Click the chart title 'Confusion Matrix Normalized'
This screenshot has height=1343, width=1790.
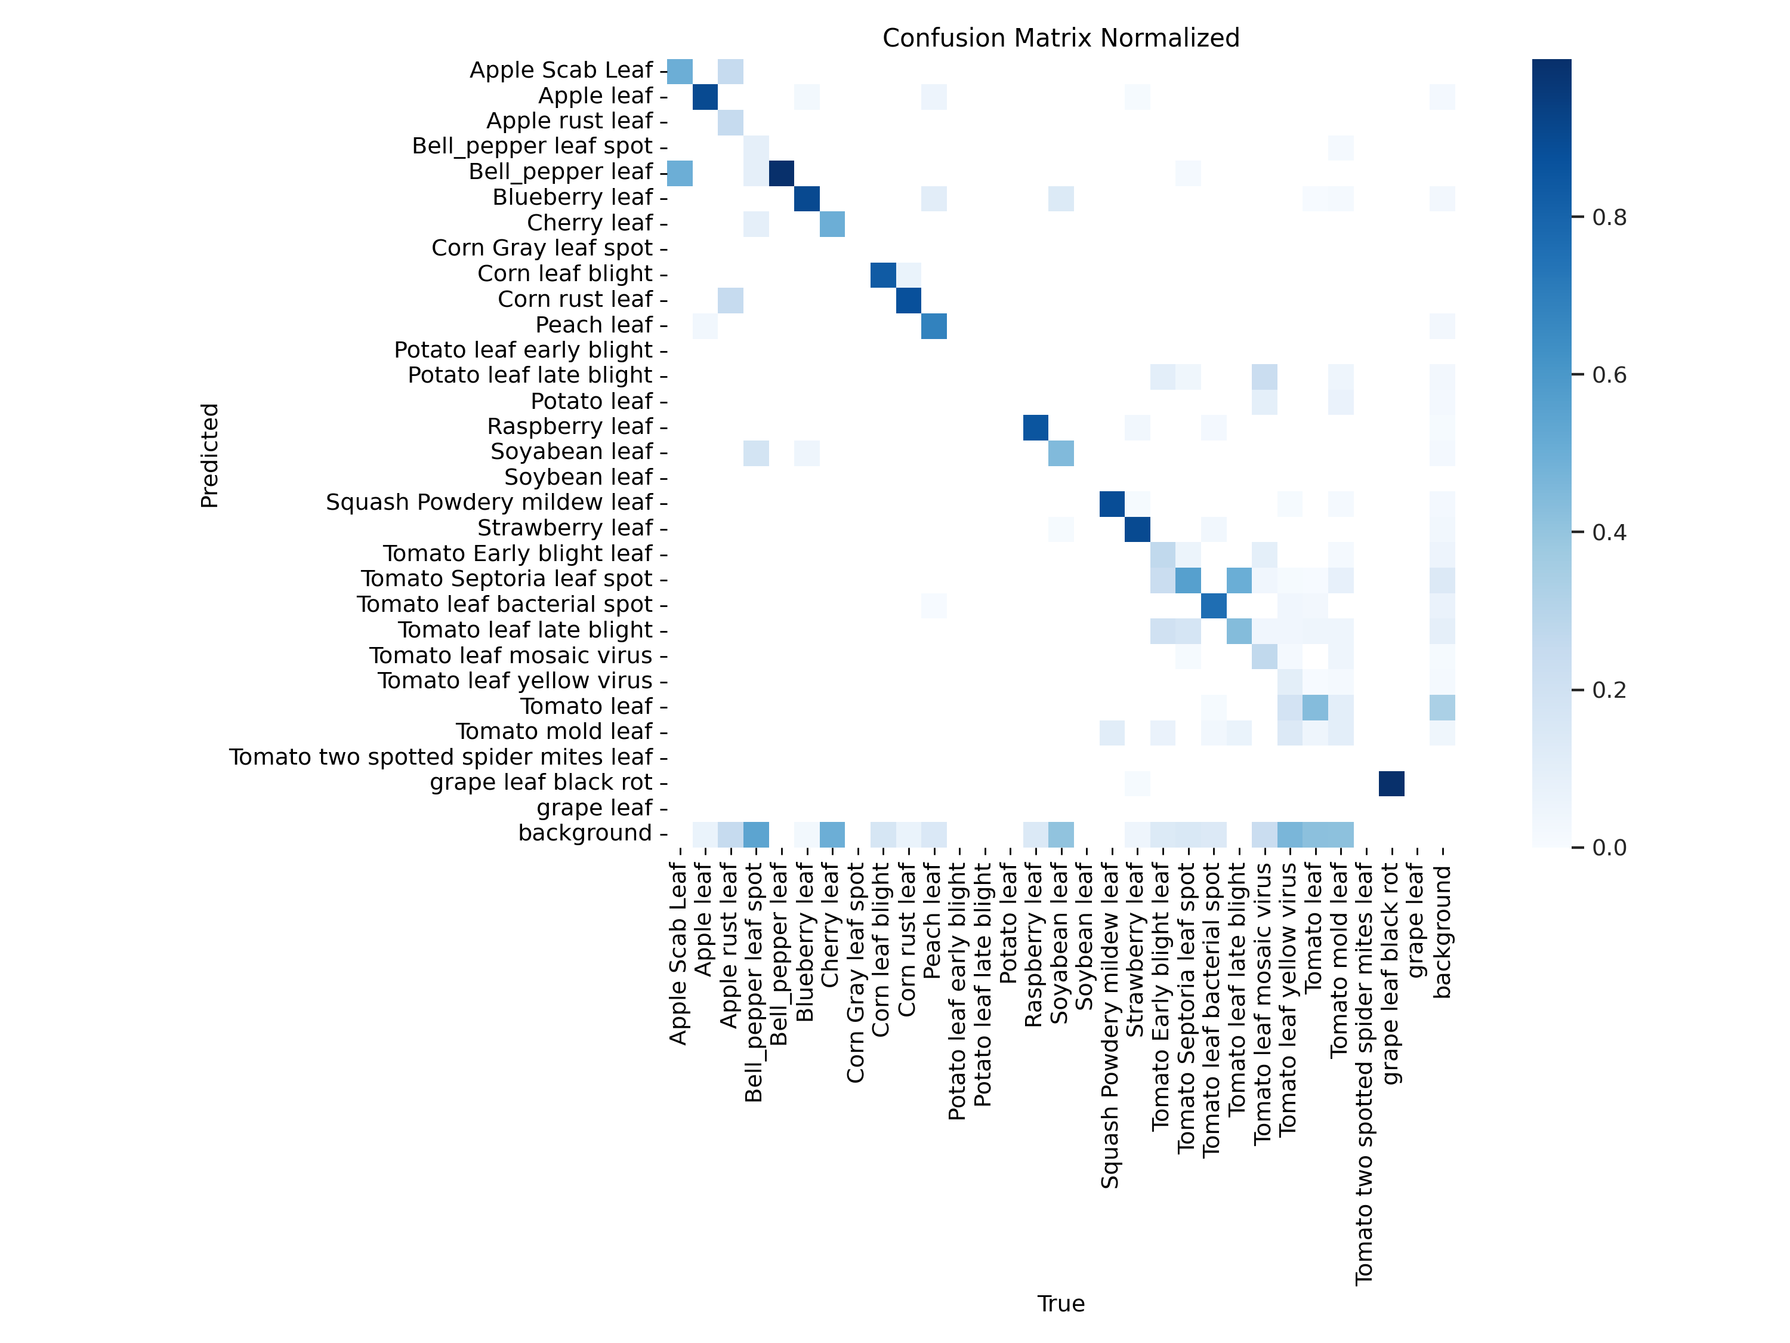coord(1060,38)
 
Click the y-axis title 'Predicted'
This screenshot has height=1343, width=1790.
coord(209,455)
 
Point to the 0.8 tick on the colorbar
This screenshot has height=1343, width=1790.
coord(1609,217)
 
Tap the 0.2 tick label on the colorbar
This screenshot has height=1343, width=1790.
coord(1609,690)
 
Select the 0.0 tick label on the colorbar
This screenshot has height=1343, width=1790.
coord(1609,847)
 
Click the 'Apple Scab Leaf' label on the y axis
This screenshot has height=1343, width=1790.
coord(561,70)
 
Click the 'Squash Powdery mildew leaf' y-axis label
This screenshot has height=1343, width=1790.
coord(489,502)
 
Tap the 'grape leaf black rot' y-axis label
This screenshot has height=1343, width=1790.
coord(541,782)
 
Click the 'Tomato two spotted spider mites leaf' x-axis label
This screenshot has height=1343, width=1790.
coord(1365,1073)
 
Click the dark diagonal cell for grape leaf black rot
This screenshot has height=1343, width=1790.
coord(1391,783)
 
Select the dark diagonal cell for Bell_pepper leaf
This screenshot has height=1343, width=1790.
coord(781,173)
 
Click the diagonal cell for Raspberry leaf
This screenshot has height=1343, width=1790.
coord(1035,427)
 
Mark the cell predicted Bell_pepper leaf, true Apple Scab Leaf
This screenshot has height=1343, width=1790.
coord(680,173)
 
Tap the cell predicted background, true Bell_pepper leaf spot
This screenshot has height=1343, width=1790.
coord(756,834)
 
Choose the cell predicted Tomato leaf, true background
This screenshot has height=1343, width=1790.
coord(1442,707)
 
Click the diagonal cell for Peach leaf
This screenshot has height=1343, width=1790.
coord(934,325)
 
